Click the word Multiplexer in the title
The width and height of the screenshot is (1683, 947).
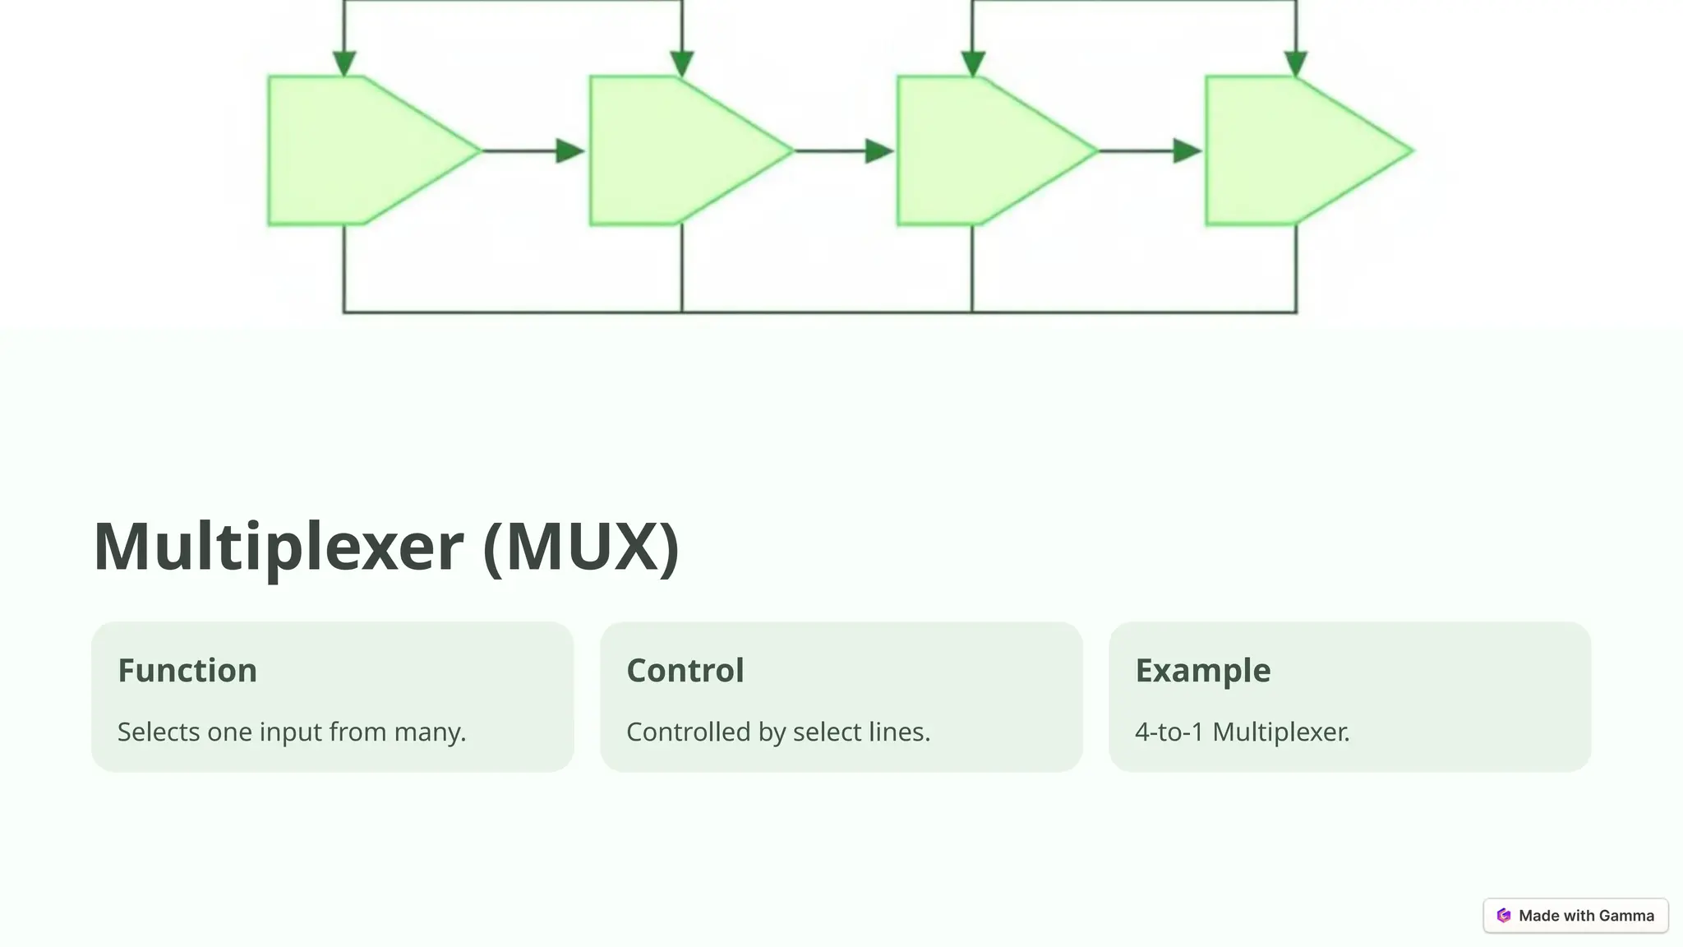278,547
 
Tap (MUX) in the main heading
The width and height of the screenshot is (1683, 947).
581,547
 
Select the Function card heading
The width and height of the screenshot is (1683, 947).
187,670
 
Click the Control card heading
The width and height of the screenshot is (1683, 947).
685,670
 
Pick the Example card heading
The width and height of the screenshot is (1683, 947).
1202,670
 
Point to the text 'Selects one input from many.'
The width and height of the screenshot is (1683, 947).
292,732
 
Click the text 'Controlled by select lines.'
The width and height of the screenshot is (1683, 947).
778,732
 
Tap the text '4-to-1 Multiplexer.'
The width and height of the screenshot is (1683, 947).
1242,732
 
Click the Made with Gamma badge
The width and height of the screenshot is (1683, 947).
1575,915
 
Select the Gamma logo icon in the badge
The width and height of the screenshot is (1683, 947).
1504,915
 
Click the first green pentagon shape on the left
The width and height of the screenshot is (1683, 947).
362,150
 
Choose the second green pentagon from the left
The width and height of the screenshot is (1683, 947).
679,150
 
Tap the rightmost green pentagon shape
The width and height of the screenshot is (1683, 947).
1297,150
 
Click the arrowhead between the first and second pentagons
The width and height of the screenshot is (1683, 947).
569,150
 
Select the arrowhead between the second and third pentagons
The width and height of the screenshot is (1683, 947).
878,150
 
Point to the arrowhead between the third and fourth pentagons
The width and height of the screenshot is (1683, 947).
1187,150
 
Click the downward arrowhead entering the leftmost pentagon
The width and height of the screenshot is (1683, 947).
344,63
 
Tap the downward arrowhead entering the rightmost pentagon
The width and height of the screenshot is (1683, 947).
1296,63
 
